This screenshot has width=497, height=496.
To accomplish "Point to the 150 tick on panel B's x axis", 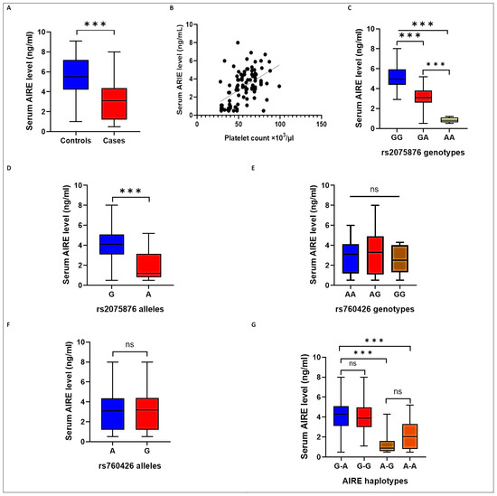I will click(x=322, y=127).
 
